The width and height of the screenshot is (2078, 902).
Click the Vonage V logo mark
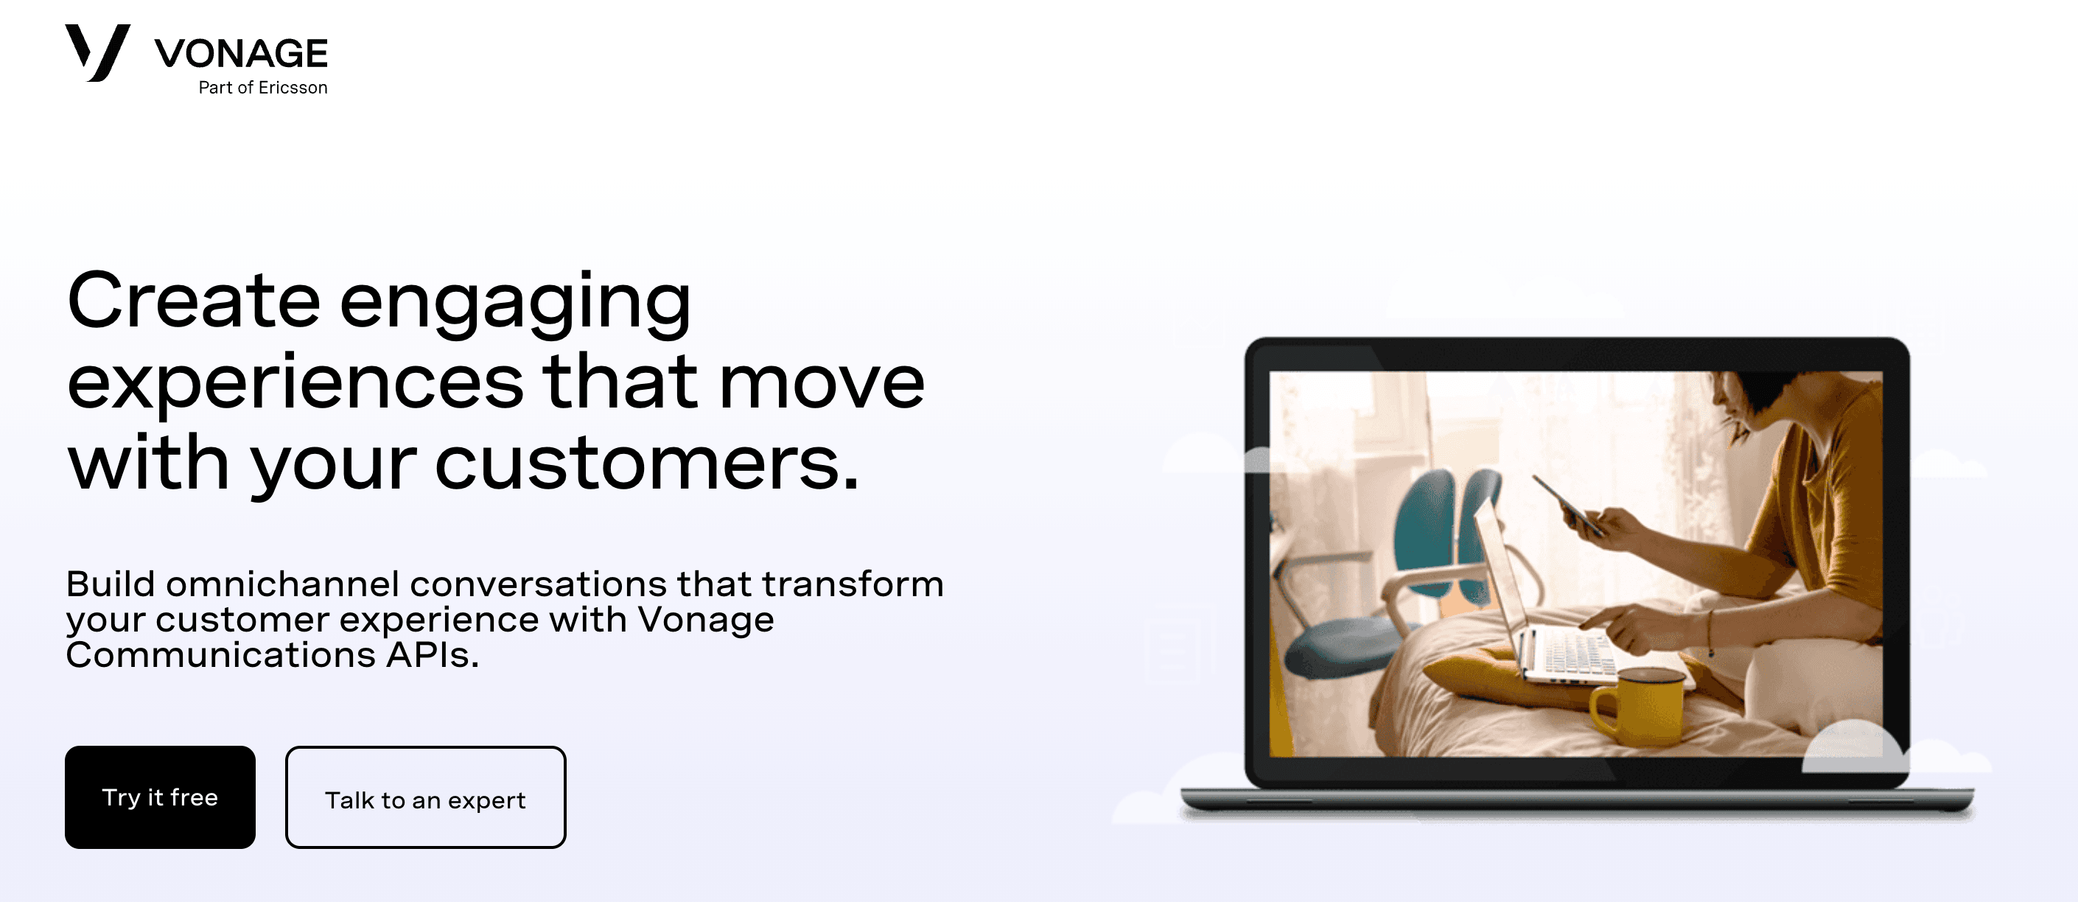click(x=97, y=52)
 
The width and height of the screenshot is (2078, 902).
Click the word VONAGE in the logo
click(x=241, y=54)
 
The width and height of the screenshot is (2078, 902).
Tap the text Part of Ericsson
click(x=263, y=87)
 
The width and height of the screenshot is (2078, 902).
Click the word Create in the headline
click(x=194, y=301)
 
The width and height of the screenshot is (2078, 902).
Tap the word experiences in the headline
click(x=295, y=383)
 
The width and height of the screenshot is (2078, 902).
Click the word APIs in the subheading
click(x=433, y=655)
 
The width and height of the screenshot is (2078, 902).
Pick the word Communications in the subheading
click(x=220, y=655)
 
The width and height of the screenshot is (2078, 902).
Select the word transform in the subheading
click(x=853, y=584)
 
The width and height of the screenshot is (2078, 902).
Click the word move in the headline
click(x=821, y=383)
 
